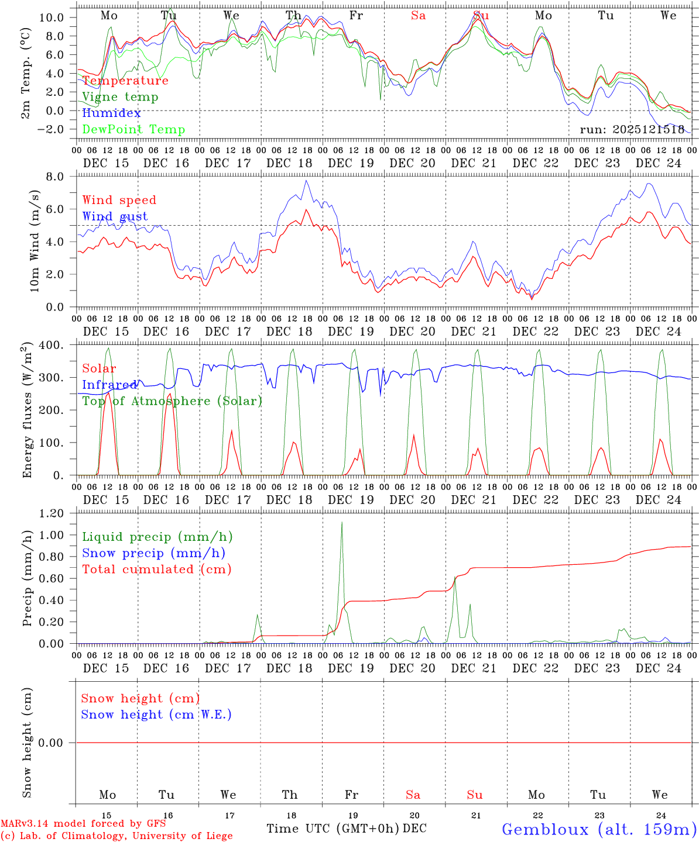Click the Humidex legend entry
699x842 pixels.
coord(112,113)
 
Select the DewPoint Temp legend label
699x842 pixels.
coord(133,130)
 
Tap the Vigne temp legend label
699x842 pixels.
coord(120,97)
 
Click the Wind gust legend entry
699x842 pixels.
coord(115,216)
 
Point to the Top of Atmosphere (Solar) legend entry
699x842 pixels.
coord(172,401)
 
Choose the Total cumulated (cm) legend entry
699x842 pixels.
coord(156,569)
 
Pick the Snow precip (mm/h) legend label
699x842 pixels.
coord(153,553)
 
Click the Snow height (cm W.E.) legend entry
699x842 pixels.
coord(156,715)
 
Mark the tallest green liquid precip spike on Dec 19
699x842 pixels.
coord(341,522)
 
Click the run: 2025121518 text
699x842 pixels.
coord(632,129)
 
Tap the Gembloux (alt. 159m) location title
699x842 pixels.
coord(599,829)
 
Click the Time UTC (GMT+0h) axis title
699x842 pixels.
coord(333,829)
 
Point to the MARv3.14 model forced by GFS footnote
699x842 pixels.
coord(83,824)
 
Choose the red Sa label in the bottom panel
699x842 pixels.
coord(413,795)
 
